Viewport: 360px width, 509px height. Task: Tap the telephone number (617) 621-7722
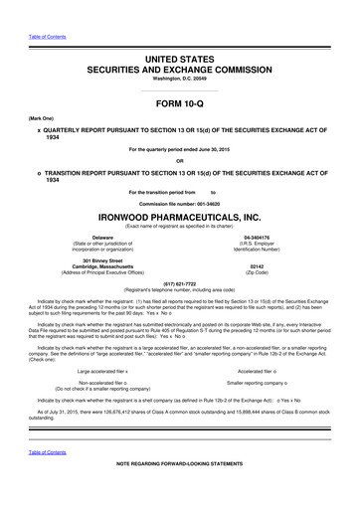tap(179, 280)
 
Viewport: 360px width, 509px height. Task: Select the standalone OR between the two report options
tap(179, 161)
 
